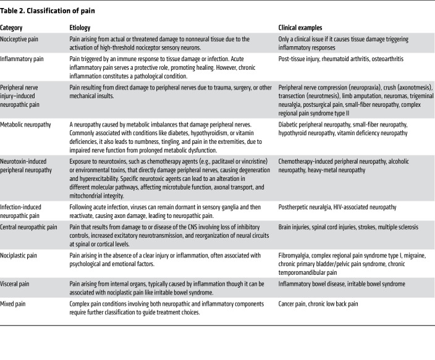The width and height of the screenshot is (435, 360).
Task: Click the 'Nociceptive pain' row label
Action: [22, 40]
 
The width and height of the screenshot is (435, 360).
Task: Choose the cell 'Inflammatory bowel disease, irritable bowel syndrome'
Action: [342, 284]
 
